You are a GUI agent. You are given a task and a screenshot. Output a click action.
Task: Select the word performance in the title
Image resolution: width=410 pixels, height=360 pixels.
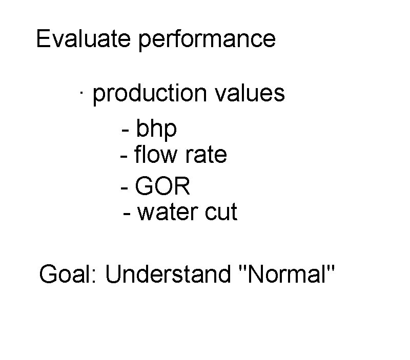[x=207, y=40]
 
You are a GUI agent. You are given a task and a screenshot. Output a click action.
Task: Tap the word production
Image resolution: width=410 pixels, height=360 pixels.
[x=150, y=94]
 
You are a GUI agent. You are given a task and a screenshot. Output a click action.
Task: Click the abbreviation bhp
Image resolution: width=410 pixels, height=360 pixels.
[x=156, y=129]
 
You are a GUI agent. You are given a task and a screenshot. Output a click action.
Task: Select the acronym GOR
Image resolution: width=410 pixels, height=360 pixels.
[x=162, y=186]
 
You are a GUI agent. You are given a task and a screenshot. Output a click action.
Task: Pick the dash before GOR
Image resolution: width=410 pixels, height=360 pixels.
[x=124, y=187]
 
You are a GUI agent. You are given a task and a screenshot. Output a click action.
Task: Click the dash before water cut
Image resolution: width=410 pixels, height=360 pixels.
[x=128, y=213]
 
